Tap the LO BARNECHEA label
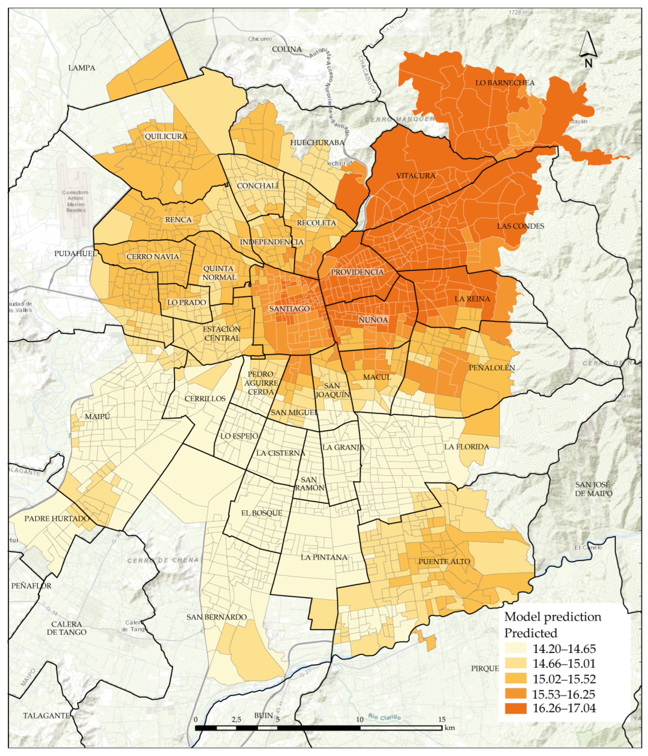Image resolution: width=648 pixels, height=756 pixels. coord(505,83)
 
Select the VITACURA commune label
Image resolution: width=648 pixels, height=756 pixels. coord(416,176)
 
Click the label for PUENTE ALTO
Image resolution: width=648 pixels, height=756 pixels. coord(444,562)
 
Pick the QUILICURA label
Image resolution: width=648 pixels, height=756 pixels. coord(166,136)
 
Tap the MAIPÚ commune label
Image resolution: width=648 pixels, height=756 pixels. coord(97,416)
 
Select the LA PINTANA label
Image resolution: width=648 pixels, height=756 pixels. coord(324,557)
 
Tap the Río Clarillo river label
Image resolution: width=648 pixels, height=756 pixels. coord(384,717)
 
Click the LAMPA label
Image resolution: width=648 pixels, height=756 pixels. coord(82,68)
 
